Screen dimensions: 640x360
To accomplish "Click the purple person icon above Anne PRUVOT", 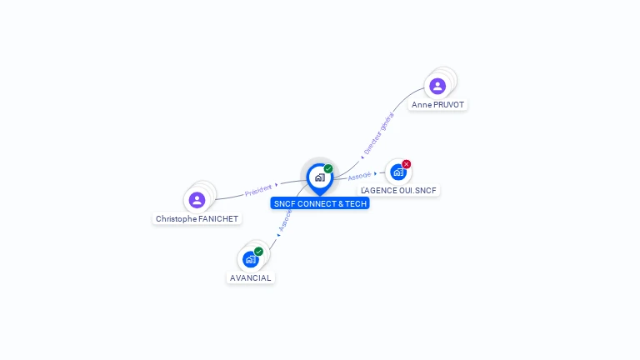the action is (x=437, y=85).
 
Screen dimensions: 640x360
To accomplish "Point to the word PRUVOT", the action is (x=448, y=105).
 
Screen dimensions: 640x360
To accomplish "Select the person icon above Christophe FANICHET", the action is (x=197, y=200).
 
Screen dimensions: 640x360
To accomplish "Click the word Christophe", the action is (x=177, y=219).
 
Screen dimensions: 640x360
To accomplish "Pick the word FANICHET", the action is (x=219, y=219).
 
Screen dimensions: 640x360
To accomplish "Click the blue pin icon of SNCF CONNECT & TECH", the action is (x=319, y=177).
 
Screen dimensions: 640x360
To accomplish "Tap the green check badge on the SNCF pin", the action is (x=328, y=169).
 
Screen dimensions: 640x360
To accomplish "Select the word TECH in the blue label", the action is (x=357, y=204).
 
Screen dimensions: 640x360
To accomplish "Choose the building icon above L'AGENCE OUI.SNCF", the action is (x=398, y=172).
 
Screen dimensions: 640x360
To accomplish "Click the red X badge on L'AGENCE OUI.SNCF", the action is (x=407, y=164).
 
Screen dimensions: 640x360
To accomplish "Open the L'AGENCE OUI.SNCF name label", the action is (x=399, y=191).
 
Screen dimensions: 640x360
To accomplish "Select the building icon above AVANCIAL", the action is (x=250, y=259).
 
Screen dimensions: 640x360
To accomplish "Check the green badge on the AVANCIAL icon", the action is (x=258, y=252).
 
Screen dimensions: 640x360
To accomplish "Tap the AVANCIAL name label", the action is (x=251, y=277).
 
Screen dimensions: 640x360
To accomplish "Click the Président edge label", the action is (x=258, y=191).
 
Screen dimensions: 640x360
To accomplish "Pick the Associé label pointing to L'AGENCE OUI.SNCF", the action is (x=359, y=176).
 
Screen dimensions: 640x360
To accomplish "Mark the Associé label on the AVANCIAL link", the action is (x=285, y=219).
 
